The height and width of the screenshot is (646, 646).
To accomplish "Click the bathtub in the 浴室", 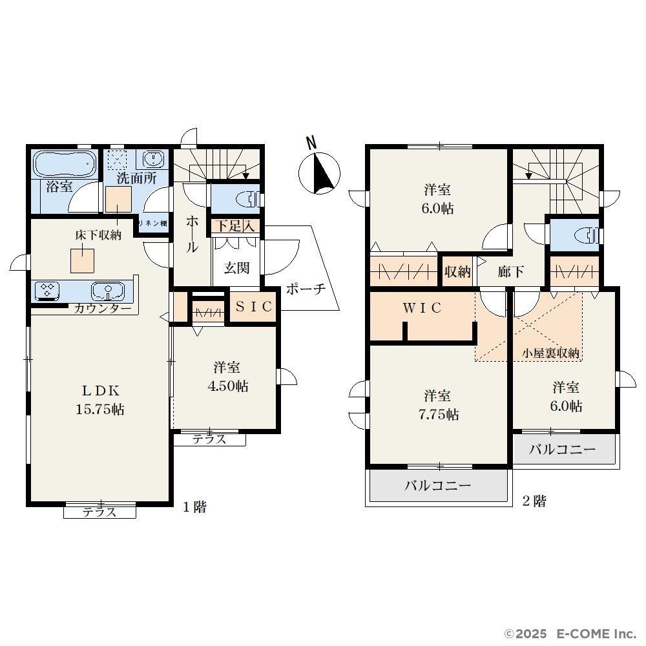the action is [x=65, y=163].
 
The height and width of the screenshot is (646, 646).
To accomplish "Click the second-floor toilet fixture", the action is [x=587, y=235].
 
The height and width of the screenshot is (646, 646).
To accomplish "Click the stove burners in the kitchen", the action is [x=47, y=289].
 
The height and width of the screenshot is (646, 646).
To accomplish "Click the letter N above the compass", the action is [x=312, y=143].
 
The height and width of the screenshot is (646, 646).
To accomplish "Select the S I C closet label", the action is [x=254, y=306].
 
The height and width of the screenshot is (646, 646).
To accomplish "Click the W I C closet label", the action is [x=422, y=307].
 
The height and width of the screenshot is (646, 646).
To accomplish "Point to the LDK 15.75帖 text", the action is [x=100, y=400].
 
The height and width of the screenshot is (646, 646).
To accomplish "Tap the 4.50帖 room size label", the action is [x=227, y=386].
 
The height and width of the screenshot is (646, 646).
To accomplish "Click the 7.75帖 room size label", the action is [x=439, y=414].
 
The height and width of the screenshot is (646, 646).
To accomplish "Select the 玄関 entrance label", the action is [x=237, y=268].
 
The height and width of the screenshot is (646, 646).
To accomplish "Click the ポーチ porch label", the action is [x=306, y=289].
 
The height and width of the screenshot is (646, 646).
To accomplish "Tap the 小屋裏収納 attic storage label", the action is [x=550, y=353].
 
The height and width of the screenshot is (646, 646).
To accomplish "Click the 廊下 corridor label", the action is [x=510, y=271].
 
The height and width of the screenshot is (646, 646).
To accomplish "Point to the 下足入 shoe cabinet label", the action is [x=235, y=225].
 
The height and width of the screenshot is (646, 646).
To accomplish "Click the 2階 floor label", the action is [x=534, y=501].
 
